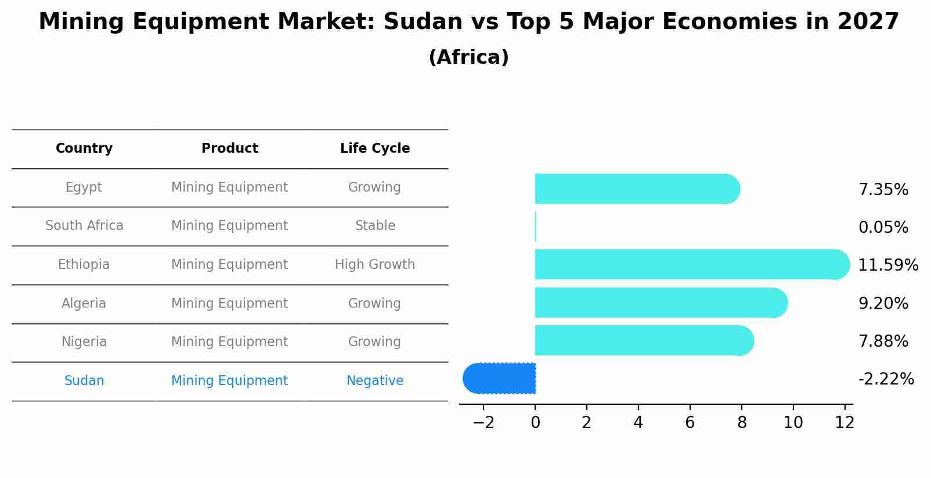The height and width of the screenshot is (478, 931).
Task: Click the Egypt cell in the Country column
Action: click(x=84, y=188)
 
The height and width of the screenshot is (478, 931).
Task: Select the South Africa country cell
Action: click(x=84, y=226)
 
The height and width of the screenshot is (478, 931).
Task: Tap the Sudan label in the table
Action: click(x=84, y=381)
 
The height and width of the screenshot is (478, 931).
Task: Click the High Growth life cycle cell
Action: click(x=375, y=265)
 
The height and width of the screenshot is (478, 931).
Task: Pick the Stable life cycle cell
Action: click(x=375, y=226)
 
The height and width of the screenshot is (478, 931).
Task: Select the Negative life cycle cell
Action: click(x=375, y=381)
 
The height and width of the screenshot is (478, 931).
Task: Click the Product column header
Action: click(x=230, y=149)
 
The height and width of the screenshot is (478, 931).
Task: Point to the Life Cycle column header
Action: click(x=375, y=149)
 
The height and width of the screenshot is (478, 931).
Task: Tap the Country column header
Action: click(x=84, y=149)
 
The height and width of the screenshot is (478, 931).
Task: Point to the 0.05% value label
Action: click(x=883, y=228)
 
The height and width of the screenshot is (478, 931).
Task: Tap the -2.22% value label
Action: click(x=886, y=379)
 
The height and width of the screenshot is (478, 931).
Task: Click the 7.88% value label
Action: click(x=883, y=342)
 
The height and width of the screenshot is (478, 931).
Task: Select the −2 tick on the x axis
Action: click(x=483, y=423)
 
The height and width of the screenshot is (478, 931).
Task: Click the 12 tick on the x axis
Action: click(x=845, y=423)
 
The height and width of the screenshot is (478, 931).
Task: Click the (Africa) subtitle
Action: click(x=468, y=57)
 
